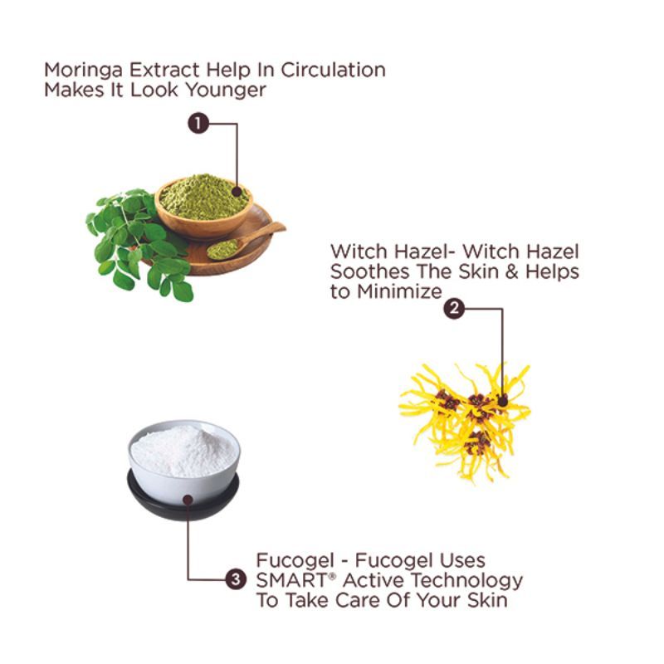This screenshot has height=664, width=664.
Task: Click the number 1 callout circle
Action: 198,124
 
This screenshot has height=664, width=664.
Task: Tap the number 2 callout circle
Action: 453,309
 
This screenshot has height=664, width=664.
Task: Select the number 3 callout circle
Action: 237,579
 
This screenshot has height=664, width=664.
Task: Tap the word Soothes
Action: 365,271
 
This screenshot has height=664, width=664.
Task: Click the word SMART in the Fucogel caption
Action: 291,579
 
